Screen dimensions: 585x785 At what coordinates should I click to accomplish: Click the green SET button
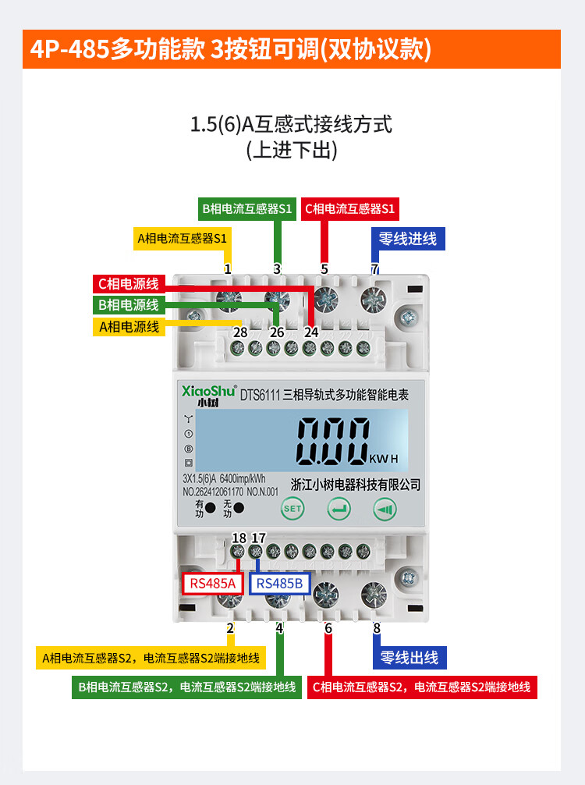coord(292,509)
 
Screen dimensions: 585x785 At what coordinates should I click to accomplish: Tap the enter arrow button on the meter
coord(339,509)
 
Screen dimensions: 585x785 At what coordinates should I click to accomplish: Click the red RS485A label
coord(213,584)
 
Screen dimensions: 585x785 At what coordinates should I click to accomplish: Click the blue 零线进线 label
coord(406,239)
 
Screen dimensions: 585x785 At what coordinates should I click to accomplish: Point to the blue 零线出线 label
coord(409,657)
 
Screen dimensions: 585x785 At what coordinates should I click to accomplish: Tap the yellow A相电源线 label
coord(129,326)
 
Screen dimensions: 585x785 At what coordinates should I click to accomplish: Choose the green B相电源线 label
coord(129,304)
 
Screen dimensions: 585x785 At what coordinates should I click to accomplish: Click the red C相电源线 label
coord(129,283)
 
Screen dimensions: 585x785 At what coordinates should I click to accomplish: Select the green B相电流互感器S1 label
coord(246,208)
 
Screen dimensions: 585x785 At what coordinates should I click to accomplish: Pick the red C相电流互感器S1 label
coord(350,208)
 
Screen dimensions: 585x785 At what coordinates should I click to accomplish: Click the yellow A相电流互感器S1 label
coord(182,238)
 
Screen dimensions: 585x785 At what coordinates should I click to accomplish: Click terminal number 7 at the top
coord(375,269)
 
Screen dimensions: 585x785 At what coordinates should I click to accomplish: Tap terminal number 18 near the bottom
coord(239,538)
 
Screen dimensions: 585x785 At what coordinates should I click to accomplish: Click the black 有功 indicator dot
coord(211,508)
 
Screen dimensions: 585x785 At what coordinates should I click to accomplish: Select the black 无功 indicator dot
coord(239,508)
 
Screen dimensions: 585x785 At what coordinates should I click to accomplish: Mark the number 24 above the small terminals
coord(311,332)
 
